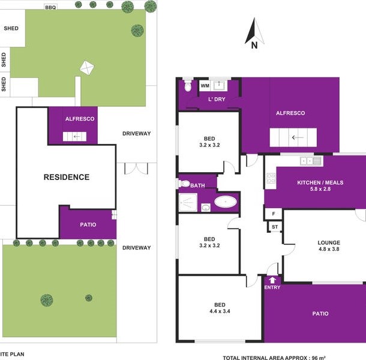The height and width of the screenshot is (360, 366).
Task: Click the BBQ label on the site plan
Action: [x=50, y=7]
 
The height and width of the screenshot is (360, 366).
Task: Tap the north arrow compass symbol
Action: [x=254, y=34]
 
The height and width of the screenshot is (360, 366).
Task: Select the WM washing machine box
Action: [x=205, y=86]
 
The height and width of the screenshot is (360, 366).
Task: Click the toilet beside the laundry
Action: [x=188, y=85]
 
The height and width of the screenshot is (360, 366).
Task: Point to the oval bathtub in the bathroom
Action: [x=226, y=202]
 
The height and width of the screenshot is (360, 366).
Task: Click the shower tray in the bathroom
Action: [x=188, y=202]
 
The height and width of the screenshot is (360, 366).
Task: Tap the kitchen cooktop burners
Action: [x=271, y=178]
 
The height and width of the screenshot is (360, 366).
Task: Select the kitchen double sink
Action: [x=311, y=161]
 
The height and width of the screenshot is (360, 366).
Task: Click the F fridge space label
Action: [x=274, y=214]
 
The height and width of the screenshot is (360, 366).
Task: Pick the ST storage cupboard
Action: [x=275, y=227]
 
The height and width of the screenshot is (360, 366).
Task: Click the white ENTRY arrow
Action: [x=272, y=280]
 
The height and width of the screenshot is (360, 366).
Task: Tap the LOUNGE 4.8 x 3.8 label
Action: [x=329, y=246]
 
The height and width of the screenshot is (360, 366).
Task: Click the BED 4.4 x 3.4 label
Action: [x=220, y=308]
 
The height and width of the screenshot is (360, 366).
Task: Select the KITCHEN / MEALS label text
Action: [x=320, y=182]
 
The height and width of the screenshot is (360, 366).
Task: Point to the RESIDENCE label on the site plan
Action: [x=67, y=177]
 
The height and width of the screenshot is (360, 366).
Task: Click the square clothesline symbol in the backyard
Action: [x=87, y=68]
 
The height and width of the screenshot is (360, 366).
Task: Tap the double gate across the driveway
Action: [x=136, y=168]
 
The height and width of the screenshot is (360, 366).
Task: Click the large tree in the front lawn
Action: [x=47, y=300]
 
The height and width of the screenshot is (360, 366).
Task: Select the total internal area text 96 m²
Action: [x=274, y=358]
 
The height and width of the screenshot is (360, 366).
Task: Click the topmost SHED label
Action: [x=11, y=28]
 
